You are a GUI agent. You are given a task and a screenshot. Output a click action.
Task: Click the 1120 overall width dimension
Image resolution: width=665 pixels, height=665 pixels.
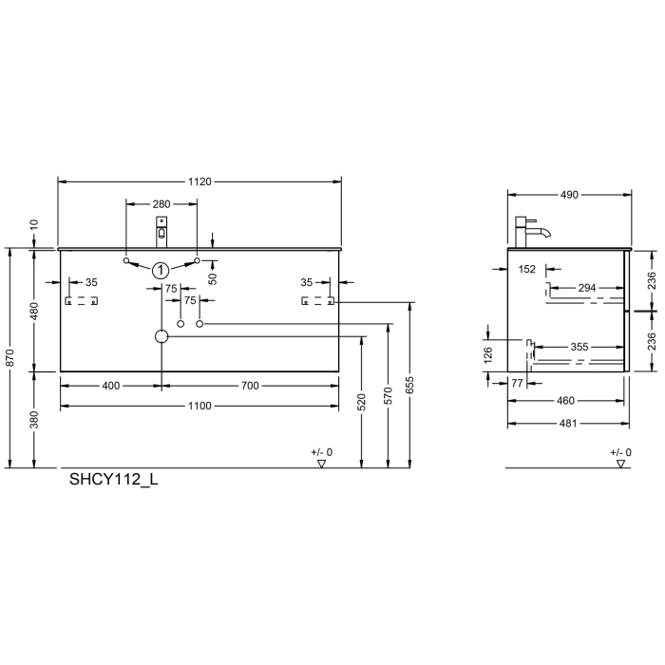199,180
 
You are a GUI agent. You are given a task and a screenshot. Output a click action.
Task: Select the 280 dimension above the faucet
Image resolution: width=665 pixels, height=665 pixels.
161,204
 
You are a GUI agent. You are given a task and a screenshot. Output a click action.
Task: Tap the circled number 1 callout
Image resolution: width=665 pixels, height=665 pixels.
161,270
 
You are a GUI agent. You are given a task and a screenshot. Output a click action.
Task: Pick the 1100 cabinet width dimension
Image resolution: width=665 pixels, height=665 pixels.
199,406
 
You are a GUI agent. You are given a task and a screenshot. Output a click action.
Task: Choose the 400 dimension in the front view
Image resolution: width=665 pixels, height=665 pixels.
111,386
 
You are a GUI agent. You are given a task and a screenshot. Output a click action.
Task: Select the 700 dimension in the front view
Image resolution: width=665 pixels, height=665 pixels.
250,386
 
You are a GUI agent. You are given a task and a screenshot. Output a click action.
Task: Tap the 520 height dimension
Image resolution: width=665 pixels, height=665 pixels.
361,403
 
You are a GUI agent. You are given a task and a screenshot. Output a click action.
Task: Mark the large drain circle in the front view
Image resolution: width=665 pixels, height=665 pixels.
161,336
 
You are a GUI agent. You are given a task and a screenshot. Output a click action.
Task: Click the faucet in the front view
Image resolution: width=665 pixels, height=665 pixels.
161,231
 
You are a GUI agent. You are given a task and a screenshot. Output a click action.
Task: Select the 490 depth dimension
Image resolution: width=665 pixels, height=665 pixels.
569,195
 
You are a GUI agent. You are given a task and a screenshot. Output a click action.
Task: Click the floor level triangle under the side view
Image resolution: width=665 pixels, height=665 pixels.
620,465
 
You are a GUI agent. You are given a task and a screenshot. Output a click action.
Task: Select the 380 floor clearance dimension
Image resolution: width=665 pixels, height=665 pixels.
34,419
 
